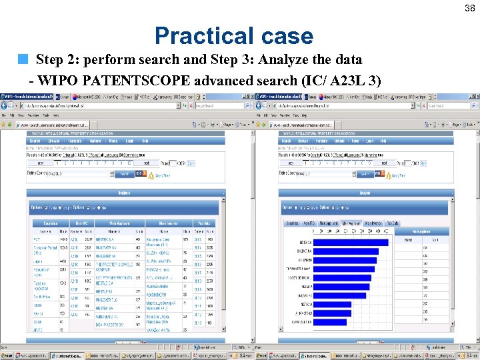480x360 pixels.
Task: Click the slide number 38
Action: [470, 7]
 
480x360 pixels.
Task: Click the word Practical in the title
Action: [199, 35]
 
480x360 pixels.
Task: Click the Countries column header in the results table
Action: [50, 223]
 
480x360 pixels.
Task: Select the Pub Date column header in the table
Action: [204, 223]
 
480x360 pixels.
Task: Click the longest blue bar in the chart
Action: [351, 242]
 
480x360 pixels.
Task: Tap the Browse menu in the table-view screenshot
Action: [53, 141]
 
